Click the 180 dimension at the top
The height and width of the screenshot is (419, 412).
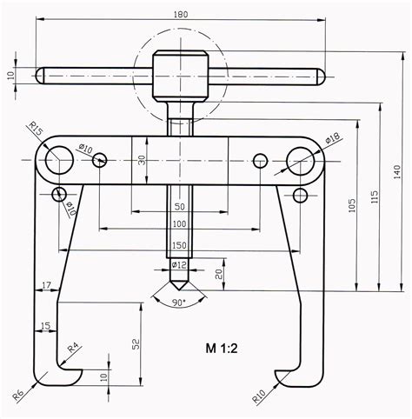pos(181,15)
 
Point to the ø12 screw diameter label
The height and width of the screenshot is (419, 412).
pos(181,264)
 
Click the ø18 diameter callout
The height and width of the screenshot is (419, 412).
pos(333,138)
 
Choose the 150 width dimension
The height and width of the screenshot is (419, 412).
pos(181,244)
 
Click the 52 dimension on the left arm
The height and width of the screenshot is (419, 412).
pos(136,343)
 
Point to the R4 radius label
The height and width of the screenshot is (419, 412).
pos(74,348)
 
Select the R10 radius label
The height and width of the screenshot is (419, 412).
pos(259,396)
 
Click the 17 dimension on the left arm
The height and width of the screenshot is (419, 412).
pos(45,283)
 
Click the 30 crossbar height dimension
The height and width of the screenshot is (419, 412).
pos(143,160)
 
